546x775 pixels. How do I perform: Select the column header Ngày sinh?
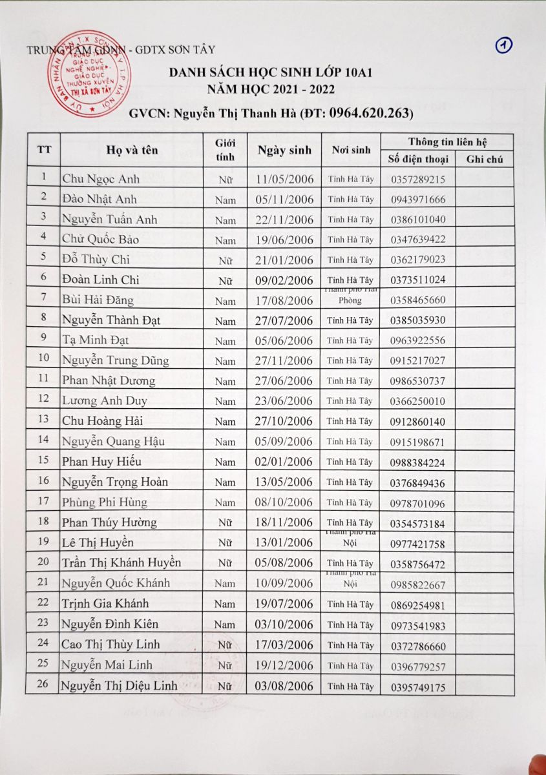click(x=284, y=150)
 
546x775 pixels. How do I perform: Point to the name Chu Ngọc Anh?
click(x=100, y=179)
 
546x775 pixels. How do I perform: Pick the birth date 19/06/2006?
click(x=284, y=240)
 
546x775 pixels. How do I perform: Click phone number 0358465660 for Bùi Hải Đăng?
click(x=417, y=300)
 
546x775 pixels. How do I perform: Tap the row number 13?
click(x=43, y=420)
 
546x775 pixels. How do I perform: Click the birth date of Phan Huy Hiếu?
click(x=284, y=462)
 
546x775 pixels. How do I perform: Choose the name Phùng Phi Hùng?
click(x=104, y=502)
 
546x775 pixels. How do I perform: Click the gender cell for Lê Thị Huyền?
click(x=225, y=543)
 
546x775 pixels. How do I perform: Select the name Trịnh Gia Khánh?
click(x=105, y=604)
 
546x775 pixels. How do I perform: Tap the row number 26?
click(x=43, y=685)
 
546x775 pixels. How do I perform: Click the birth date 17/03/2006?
click(x=284, y=645)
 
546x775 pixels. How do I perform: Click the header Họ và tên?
click(x=132, y=150)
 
